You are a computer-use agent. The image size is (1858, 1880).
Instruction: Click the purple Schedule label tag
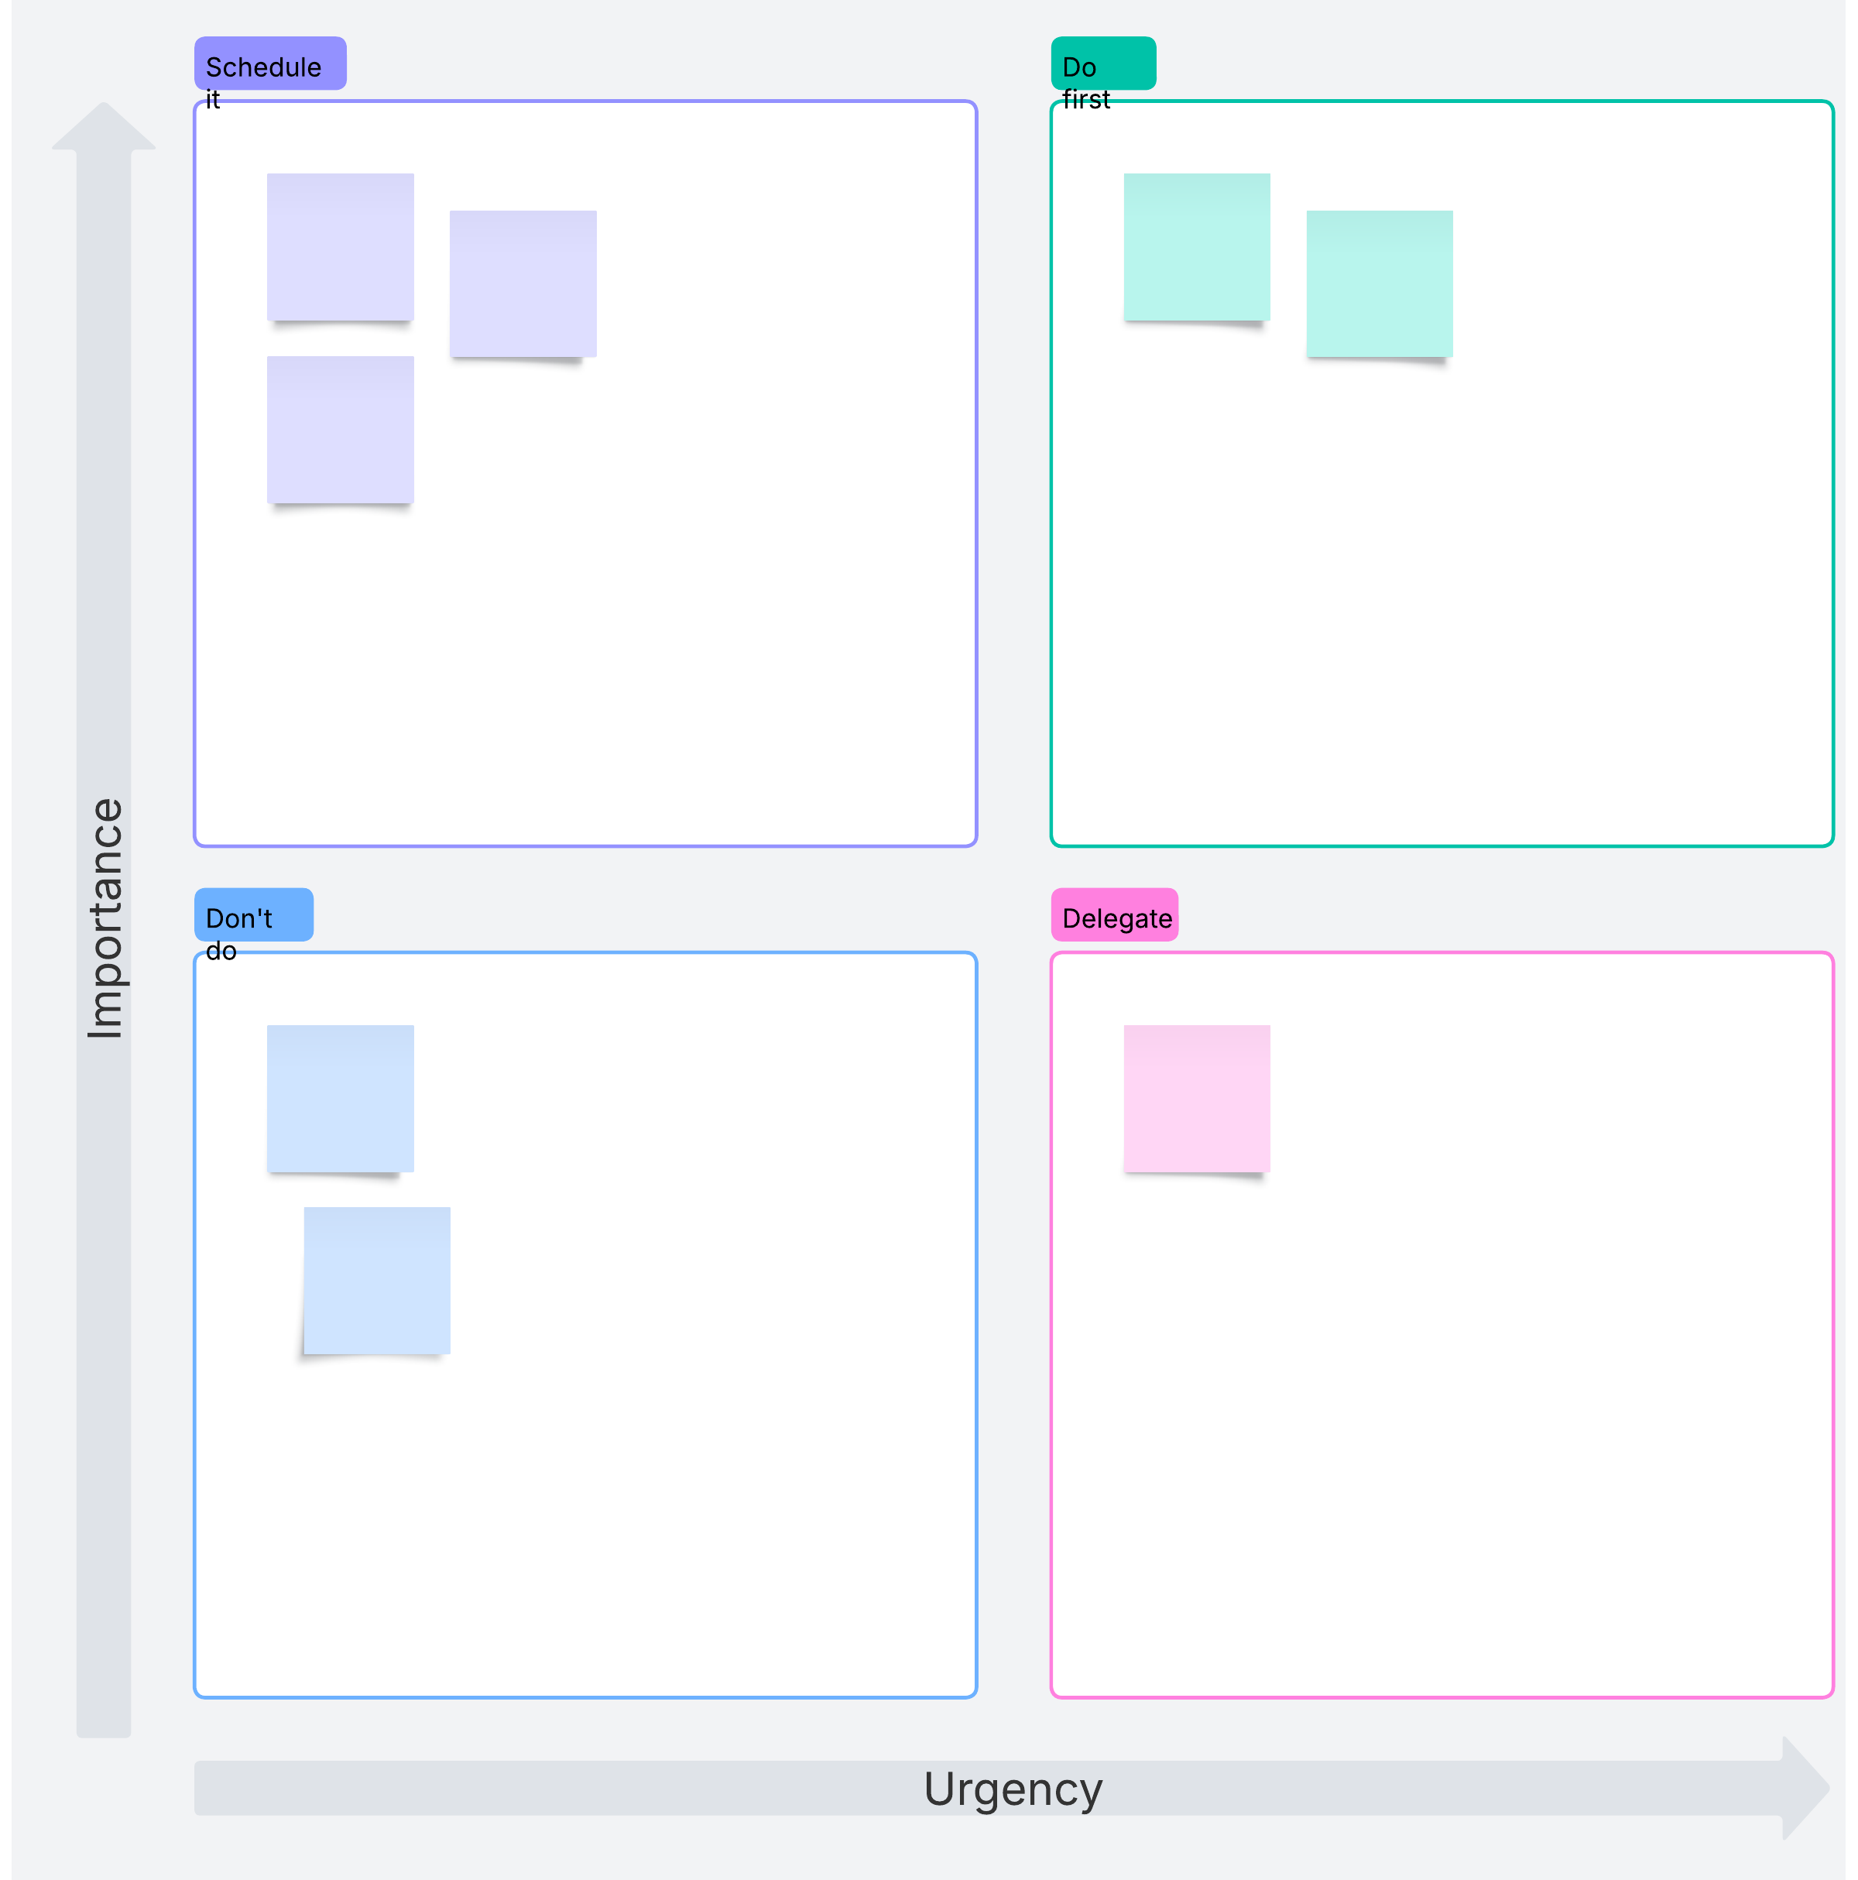(270, 63)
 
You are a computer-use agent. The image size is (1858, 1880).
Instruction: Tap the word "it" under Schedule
(213, 99)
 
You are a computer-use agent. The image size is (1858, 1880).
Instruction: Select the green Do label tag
(1103, 63)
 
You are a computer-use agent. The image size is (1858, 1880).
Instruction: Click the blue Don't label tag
(254, 914)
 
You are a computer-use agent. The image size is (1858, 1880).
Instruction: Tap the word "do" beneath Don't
(221, 951)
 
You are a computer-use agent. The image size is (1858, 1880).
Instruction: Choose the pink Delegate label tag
(1115, 914)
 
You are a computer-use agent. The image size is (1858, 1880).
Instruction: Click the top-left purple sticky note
(341, 247)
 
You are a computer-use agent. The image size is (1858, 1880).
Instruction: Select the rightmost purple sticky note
(523, 284)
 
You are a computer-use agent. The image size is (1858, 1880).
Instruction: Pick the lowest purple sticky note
(341, 430)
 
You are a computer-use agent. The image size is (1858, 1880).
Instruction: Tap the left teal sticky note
(1197, 247)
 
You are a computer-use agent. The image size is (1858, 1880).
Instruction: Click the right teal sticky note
(1380, 284)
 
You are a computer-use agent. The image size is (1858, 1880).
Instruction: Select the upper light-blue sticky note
(341, 1099)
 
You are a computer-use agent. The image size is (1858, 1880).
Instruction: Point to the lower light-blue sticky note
(378, 1281)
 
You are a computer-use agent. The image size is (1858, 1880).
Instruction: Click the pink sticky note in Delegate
(1197, 1099)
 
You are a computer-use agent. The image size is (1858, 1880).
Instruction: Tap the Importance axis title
(105, 918)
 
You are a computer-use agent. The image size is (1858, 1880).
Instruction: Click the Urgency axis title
(1013, 1789)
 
